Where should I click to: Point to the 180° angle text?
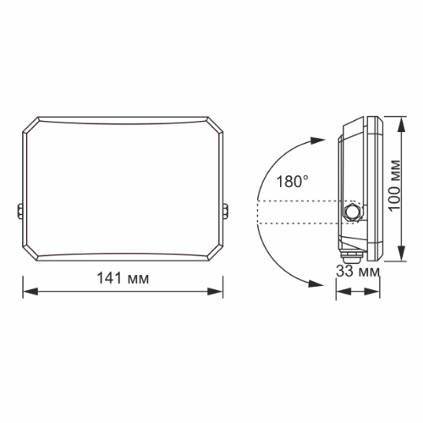coord(292,180)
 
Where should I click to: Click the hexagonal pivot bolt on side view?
coord(351,210)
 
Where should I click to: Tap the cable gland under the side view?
coord(348,250)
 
